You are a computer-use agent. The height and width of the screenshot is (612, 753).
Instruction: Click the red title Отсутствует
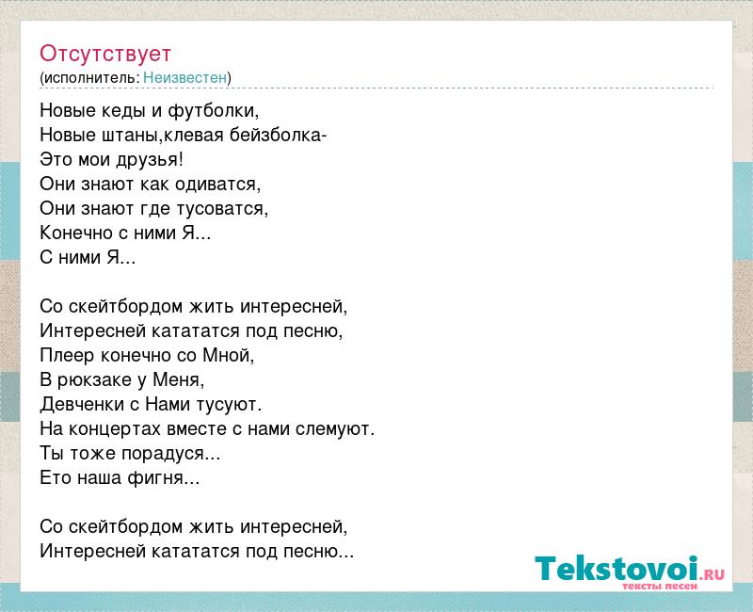tap(105, 54)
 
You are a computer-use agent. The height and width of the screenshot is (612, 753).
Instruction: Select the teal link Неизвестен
tap(184, 77)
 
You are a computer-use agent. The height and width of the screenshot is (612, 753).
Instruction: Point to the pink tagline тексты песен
tap(660, 586)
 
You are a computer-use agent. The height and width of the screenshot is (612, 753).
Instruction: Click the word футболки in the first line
tap(214, 111)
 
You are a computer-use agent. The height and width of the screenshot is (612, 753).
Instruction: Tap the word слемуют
tap(335, 429)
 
